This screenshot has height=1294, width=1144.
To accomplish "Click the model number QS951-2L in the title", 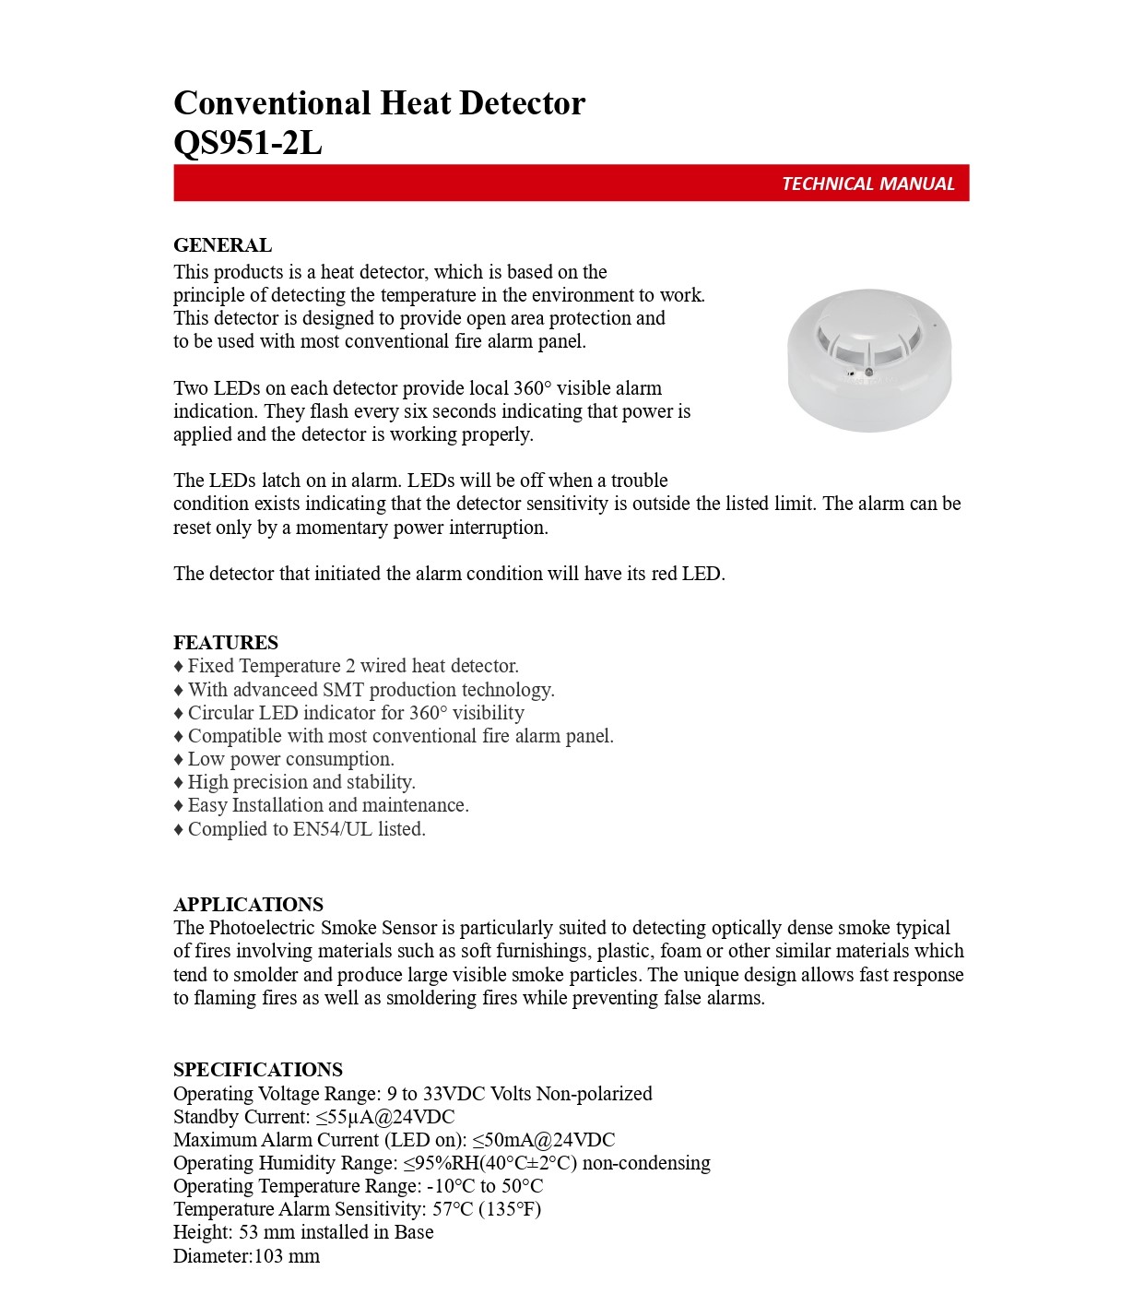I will [248, 143].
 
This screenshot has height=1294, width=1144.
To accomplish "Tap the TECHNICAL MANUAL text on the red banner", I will [867, 184].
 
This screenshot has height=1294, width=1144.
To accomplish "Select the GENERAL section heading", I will [222, 245].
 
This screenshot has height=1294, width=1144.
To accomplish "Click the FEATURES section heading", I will [226, 643].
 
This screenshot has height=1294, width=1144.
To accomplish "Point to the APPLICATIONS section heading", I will [248, 905].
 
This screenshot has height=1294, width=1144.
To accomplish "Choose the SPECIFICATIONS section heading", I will [258, 1070].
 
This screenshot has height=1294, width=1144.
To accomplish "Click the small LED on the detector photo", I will [868, 372].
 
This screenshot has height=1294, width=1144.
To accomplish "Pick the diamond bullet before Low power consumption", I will [179, 760].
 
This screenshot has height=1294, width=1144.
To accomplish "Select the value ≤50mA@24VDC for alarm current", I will [543, 1140].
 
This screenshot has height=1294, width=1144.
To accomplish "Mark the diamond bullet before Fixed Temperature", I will [179, 667].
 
